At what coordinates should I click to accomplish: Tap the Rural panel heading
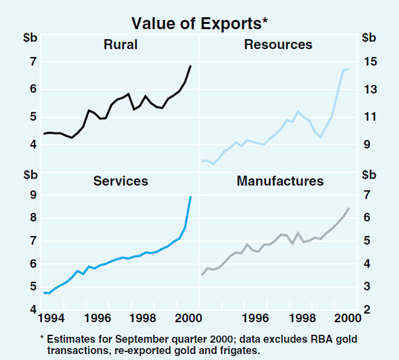coord(120,45)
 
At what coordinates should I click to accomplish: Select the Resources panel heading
coord(278,45)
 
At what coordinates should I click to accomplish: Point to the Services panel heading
coord(120,181)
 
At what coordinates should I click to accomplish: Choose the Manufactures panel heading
coord(280,181)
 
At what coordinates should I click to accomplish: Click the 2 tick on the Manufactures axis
coord(367,310)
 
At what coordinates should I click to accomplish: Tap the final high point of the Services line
coord(191,197)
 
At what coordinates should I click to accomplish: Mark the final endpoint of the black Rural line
coord(191,66)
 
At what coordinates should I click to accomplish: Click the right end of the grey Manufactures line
coord(349,209)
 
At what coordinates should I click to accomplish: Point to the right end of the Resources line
coord(349,69)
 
